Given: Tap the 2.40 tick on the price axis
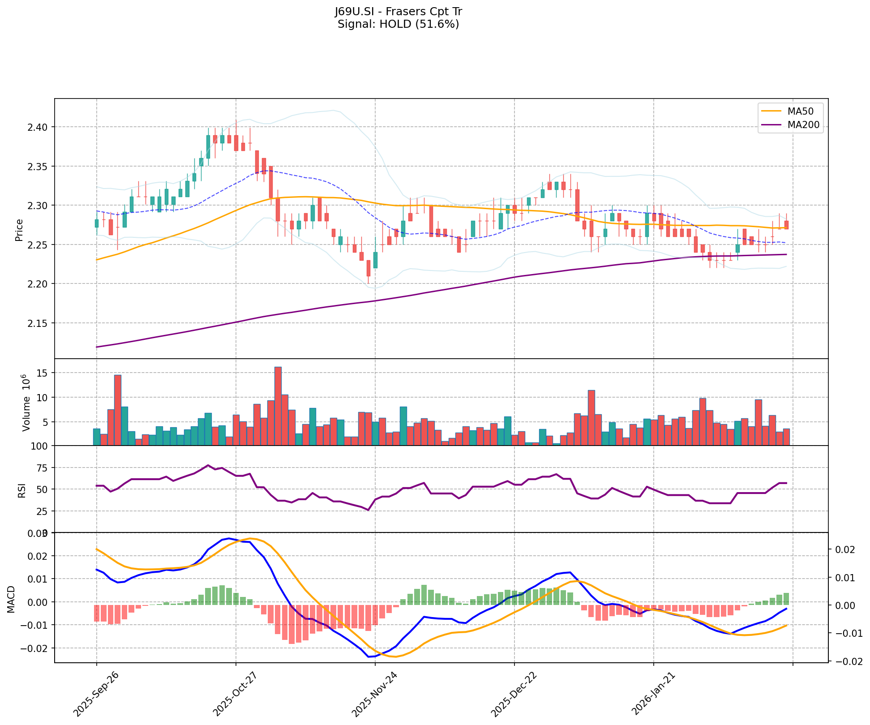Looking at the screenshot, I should tap(40, 127).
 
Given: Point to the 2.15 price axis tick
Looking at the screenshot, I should tap(40, 323).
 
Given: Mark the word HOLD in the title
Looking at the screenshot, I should tap(396, 24).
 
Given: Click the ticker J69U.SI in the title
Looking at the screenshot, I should tap(355, 12).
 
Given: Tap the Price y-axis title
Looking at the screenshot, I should tap(19, 230).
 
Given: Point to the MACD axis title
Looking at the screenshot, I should tap(11, 600).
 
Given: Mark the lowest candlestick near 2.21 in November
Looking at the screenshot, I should tap(369, 268).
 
